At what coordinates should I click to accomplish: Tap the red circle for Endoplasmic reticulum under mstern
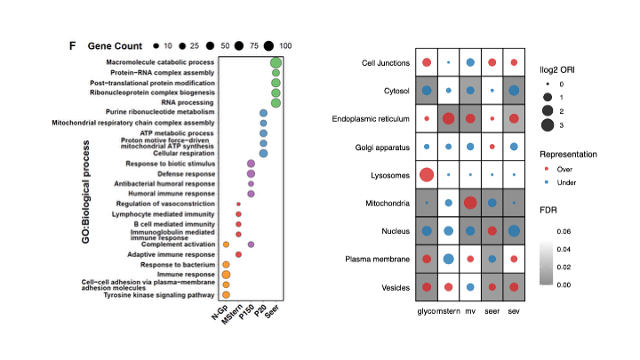449,118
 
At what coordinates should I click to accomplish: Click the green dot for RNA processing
276,102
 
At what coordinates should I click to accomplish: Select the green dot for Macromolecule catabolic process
276,62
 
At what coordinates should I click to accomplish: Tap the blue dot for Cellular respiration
263,153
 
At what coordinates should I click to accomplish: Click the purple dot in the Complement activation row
251,244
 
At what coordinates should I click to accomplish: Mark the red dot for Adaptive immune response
238,254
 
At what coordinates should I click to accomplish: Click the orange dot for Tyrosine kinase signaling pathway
226,295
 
